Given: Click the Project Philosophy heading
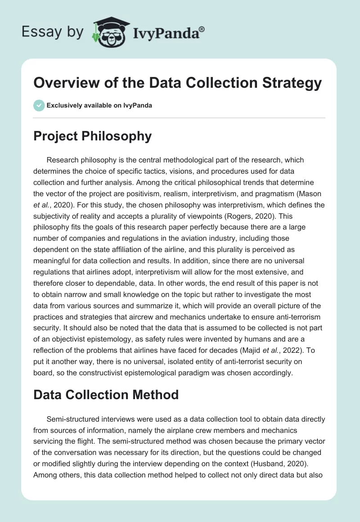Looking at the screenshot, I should tap(92, 136).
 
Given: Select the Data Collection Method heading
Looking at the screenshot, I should tap(106, 395).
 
